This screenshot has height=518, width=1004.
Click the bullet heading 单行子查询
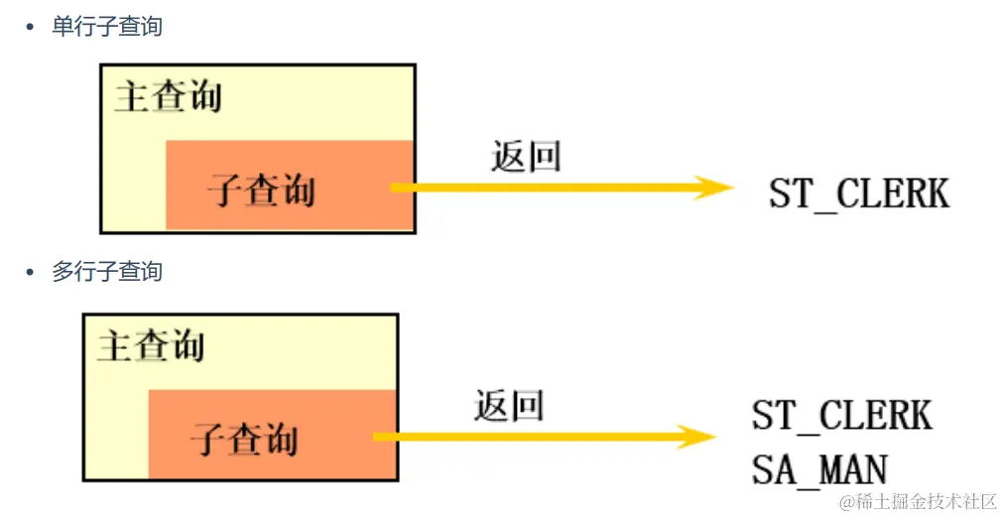pyautogui.click(x=107, y=27)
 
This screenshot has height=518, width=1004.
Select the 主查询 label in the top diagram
pyautogui.click(x=168, y=97)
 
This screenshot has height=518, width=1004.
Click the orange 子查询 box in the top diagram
pyautogui.click(x=288, y=186)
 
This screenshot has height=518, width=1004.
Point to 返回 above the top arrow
pyautogui.click(x=526, y=156)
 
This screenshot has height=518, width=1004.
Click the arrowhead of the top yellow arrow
pyautogui.click(x=714, y=187)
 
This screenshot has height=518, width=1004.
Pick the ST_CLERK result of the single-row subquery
pyautogui.click(x=859, y=194)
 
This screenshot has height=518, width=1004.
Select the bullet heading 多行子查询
pyautogui.click(x=107, y=271)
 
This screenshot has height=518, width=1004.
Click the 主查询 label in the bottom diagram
pyautogui.click(x=151, y=346)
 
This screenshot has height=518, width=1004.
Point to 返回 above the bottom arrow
pyautogui.click(x=509, y=405)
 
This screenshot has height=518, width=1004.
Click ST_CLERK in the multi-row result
pyautogui.click(x=842, y=416)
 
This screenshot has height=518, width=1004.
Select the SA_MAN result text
pyautogui.click(x=819, y=469)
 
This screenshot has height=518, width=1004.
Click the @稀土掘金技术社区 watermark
pyautogui.click(x=917, y=501)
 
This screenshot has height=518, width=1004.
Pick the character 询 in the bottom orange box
pyautogui.click(x=281, y=440)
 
